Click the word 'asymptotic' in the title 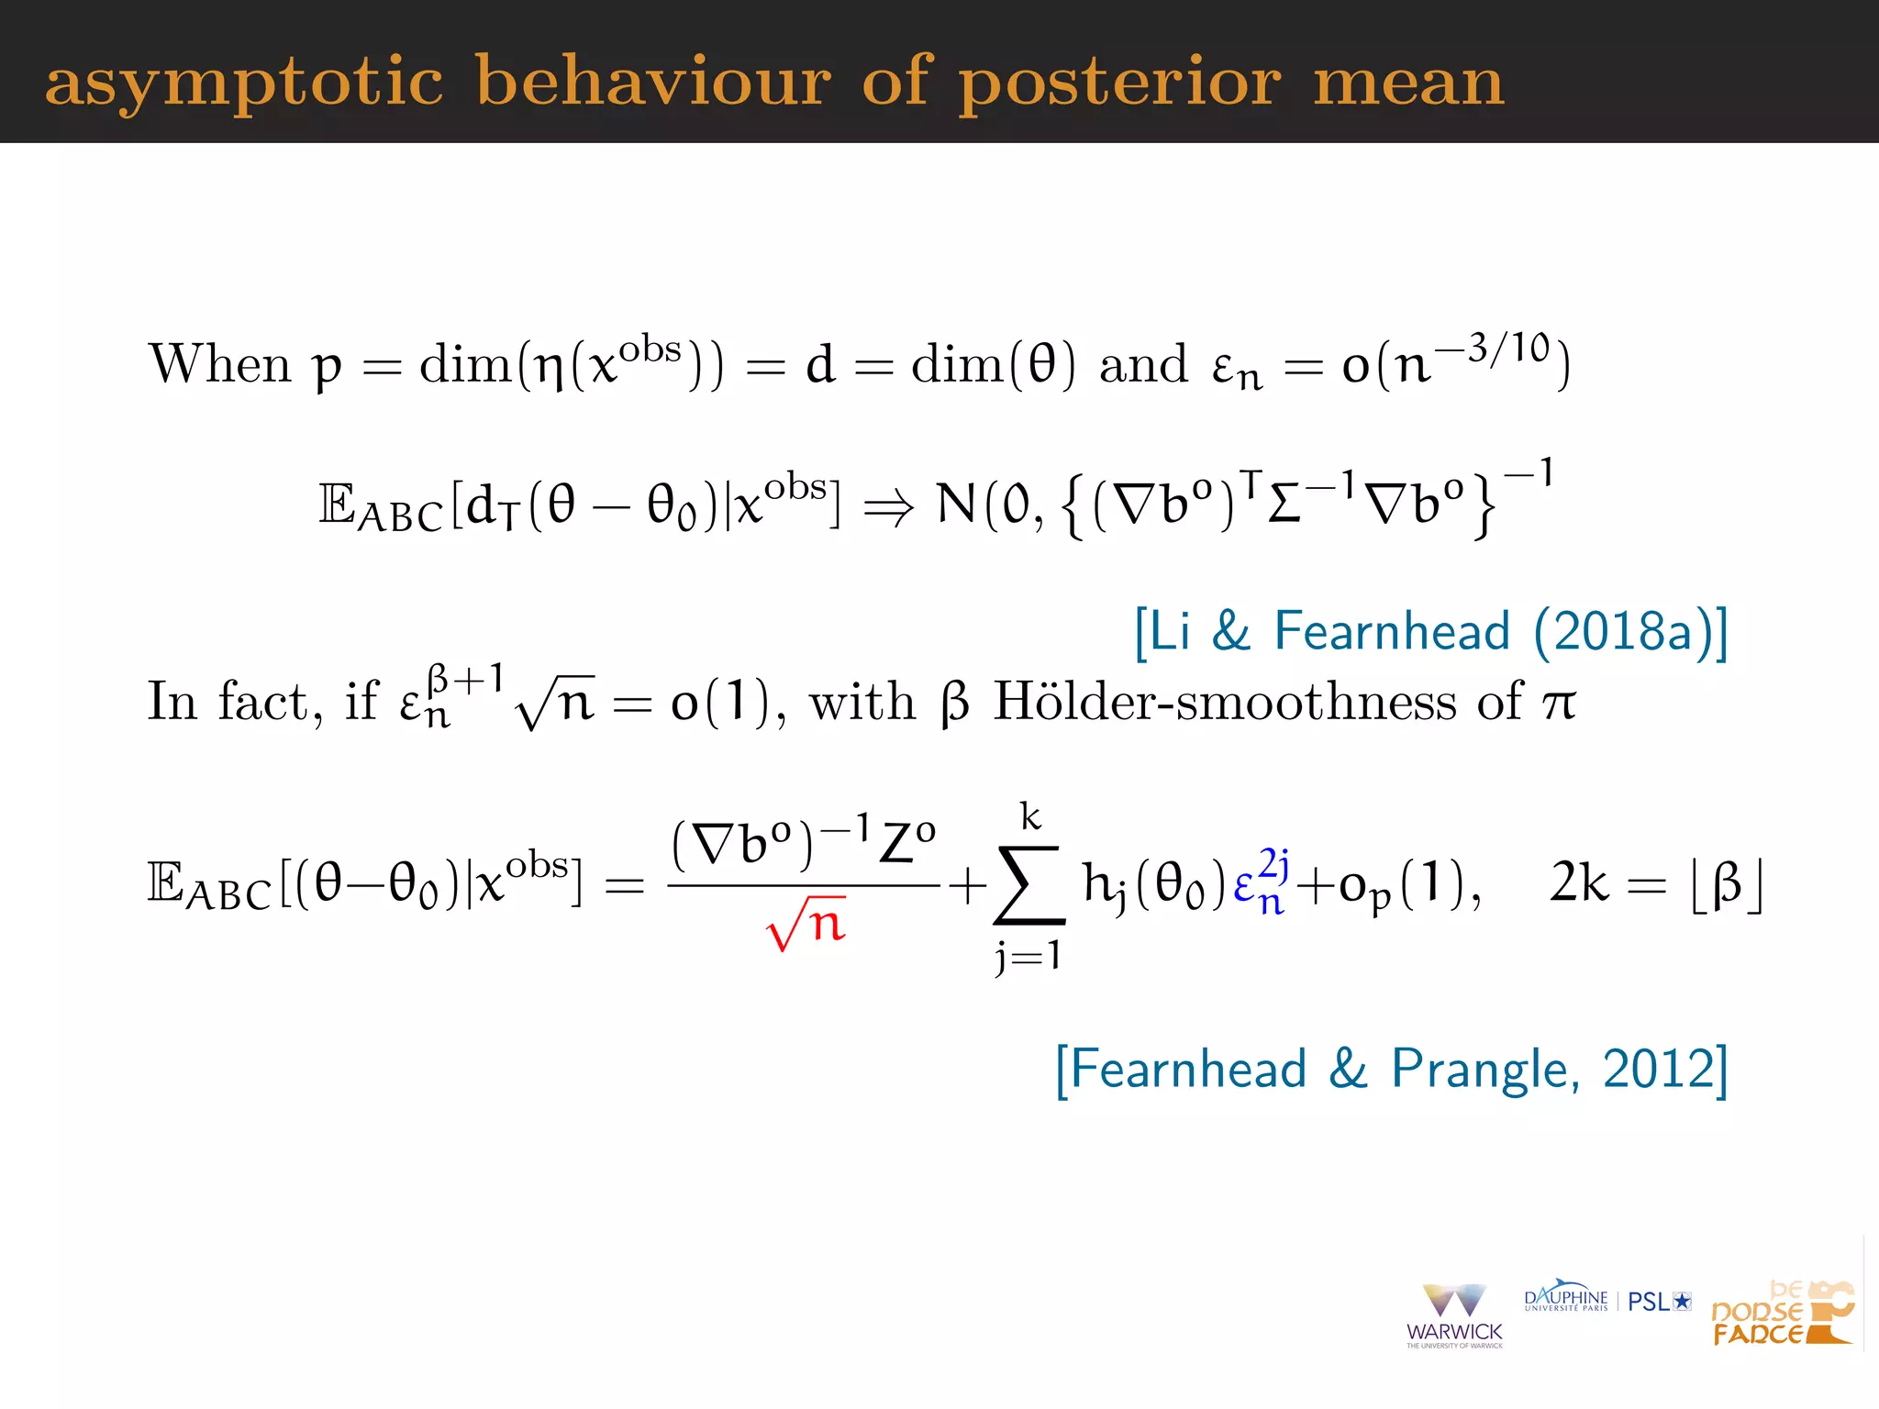click(x=244, y=83)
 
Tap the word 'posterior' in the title click(x=1119, y=83)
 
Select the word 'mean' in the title click(x=1409, y=83)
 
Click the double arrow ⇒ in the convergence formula click(x=888, y=506)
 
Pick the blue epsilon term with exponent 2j click(x=1262, y=882)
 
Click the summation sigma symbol click(x=1029, y=884)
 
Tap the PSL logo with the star click(x=1659, y=1302)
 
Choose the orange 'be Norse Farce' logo click(x=1782, y=1314)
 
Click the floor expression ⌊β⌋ click(x=1726, y=884)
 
